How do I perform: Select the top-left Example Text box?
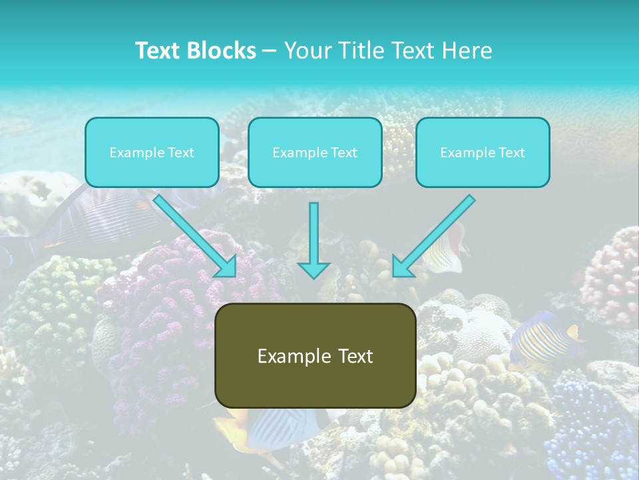[152, 153]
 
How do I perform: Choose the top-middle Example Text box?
[315, 153]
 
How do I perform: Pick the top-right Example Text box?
[483, 153]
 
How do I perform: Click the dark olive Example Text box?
[316, 356]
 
